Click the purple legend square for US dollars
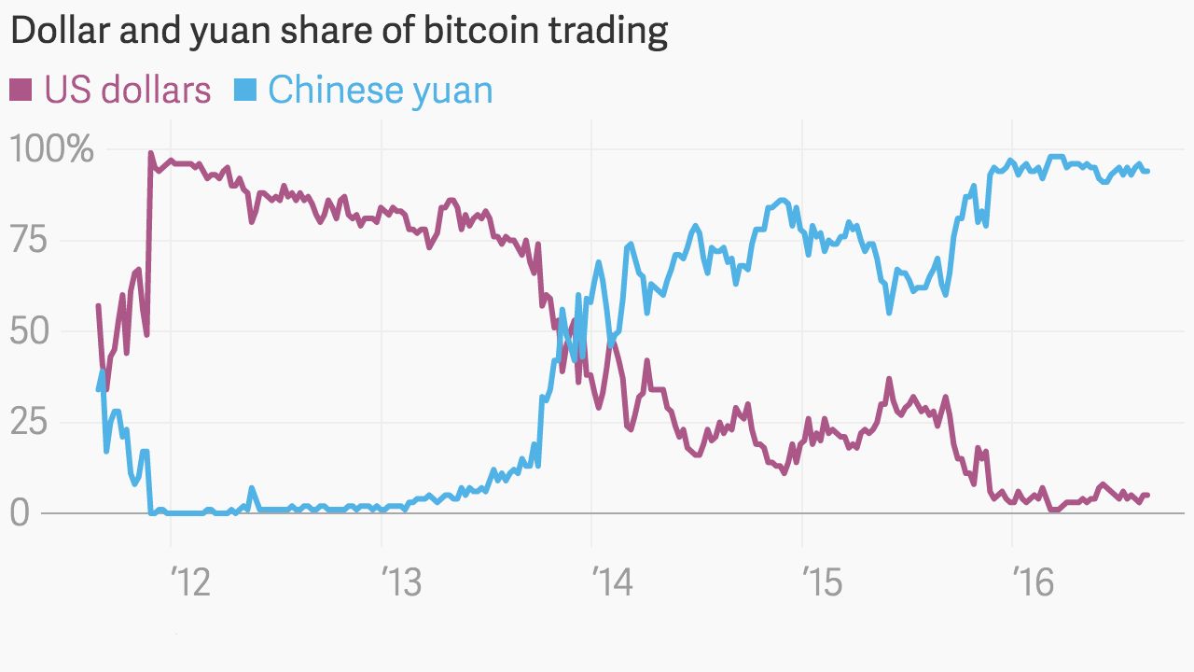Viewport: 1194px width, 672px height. (x=21, y=91)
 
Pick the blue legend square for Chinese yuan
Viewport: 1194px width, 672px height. (x=244, y=91)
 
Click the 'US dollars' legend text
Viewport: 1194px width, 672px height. (x=128, y=91)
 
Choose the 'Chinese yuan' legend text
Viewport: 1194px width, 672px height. (x=381, y=91)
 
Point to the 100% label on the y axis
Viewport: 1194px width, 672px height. (x=51, y=149)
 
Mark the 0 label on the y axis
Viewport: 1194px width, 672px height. (x=20, y=512)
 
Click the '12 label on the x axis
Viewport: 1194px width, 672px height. (x=191, y=583)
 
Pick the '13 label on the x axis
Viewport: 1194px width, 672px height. (x=402, y=583)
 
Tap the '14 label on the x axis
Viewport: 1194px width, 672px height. (x=613, y=583)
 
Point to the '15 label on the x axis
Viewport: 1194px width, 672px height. (x=823, y=583)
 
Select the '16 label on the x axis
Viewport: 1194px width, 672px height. (x=1034, y=583)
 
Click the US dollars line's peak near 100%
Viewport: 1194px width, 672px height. (x=150, y=153)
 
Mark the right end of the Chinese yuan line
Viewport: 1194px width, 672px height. (x=1147, y=171)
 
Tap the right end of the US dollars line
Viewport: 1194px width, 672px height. (x=1147, y=495)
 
